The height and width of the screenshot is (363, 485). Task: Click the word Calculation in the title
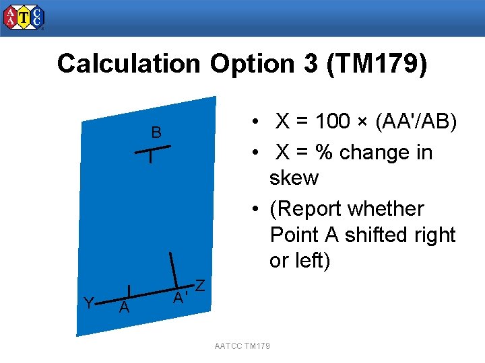pyautogui.click(x=129, y=64)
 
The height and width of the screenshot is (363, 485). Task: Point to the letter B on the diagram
pyautogui.click(x=156, y=133)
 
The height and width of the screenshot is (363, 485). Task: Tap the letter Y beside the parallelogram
pyautogui.click(x=88, y=303)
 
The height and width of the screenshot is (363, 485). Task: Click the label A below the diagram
pyautogui.click(x=123, y=309)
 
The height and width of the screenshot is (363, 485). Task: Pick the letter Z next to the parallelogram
pyautogui.click(x=200, y=286)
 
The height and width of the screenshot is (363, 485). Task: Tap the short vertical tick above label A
pyautogui.click(x=128, y=291)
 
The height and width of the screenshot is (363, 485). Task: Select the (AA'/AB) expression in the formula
pyautogui.click(x=416, y=122)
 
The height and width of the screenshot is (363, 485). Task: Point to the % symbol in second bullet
pyautogui.click(x=325, y=153)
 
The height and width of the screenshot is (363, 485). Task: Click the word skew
pyautogui.click(x=294, y=178)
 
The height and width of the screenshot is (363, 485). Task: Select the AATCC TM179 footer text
pyautogui.click(x=242, y=346)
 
